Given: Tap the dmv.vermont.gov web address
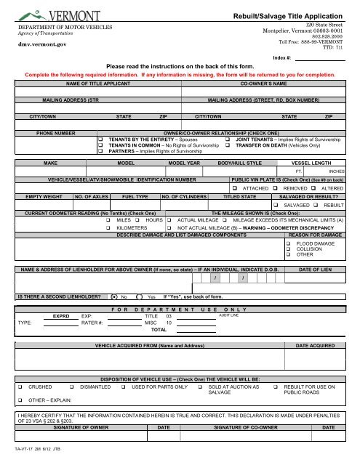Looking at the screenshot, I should [x=36, y=44].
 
